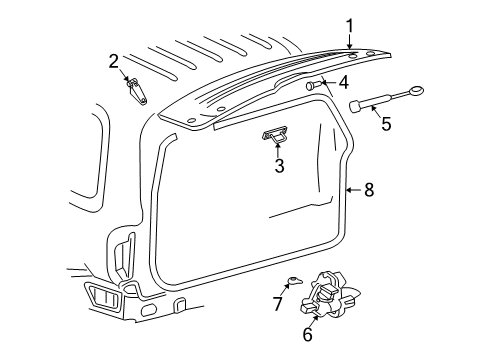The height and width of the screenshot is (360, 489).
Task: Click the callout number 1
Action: point(349,27)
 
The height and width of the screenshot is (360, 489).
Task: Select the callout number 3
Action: point(280,166)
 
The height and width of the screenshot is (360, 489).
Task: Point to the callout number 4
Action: point(342,82)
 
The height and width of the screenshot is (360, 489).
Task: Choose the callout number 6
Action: point(307,336)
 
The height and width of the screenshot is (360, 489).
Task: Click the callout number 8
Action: point(368,189)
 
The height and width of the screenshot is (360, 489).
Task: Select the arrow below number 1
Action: point(349,43)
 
